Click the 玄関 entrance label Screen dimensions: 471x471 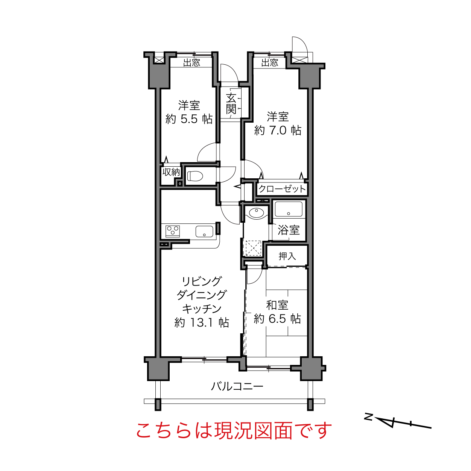pos(231,104)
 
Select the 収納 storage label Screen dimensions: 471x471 pos(171,172)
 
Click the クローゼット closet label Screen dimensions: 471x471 pos(282,189)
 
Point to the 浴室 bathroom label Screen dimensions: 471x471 pos(289,230)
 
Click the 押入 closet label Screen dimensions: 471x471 pos(287,256)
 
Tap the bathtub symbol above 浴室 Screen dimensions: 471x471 pos(289,210)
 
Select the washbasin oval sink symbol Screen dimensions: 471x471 pos(256,213)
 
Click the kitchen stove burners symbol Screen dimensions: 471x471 pos(173,230)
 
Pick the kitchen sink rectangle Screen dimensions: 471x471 pos(204,231)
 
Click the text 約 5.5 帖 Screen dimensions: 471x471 pos(189,119)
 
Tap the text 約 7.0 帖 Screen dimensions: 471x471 pos(278,131)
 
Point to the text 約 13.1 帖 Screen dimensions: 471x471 pos(202,323)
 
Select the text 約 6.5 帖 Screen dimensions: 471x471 pos(277,319)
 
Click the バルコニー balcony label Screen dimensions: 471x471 pos(237,386)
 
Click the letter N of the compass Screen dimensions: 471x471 pos(369,416)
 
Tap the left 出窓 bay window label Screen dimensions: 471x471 pos(191,62)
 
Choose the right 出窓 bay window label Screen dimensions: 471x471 pos(270,62)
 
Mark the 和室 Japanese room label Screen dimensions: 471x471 pos(277,305)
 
